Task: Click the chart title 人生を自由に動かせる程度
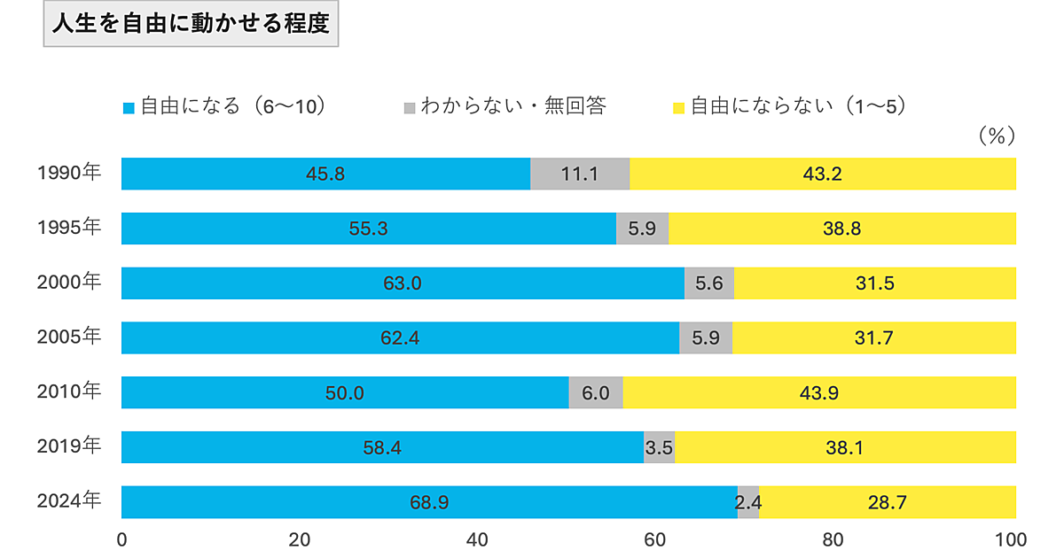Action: [191, 25]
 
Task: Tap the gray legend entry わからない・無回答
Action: [505, 107]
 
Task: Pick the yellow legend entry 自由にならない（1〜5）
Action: [788, 107]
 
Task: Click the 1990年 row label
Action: [69, 174]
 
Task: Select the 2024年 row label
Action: [69, 501]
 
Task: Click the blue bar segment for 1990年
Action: [325, 174]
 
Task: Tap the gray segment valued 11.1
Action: [580, 174]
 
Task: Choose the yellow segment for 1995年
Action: [842, 229]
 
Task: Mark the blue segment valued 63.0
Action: [403, 283]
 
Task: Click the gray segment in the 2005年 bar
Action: [706, 337]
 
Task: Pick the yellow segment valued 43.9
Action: [819, 392]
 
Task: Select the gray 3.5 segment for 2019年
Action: [659, 447]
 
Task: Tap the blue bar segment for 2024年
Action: [429, 502]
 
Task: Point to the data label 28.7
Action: [887, 502]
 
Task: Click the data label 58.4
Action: [382, 447]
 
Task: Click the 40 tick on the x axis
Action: [478, 539]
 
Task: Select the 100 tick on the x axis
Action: [1012, 539]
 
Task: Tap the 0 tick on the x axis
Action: [122, 539]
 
